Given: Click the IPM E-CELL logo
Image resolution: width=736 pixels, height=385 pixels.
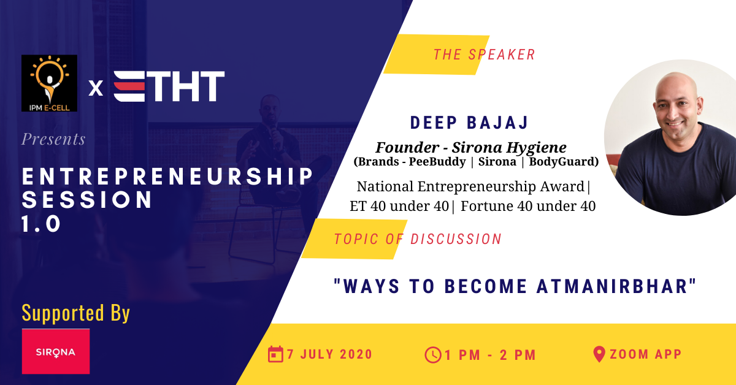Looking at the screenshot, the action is pyautogui.click(x=49, y=83).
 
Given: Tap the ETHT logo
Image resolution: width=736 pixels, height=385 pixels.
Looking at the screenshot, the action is pyautogui.click(x=169, y=86).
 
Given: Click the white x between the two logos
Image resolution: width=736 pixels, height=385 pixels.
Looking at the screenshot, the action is pyautogui.click(x=96, y=88).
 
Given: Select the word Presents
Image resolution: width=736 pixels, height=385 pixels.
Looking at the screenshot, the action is pyautogui.click(x=53, y=139).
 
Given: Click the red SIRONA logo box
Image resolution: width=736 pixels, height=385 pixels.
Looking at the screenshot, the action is pyautogui.click(x=56, y=351).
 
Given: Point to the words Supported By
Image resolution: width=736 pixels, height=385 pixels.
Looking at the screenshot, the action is pyautogui.click(x=76, y=313).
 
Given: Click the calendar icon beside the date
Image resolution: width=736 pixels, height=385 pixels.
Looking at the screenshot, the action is pyautogui.click(x=275, y=354).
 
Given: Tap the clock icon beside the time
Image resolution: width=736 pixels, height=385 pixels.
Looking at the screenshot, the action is pyautogui.click(x=433, y=355).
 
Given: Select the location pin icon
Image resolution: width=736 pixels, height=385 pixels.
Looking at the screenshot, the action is pyautogui.click(x=599, y=354).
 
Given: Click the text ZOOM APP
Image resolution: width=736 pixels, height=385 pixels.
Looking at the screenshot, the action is pyautogui.click(x=646, y=354).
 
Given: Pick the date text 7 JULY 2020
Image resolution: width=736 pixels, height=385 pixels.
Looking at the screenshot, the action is pyautogui.click(x=329, y=354).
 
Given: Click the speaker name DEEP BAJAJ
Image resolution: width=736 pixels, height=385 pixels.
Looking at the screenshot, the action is pyautogui.click(x=469, y=123).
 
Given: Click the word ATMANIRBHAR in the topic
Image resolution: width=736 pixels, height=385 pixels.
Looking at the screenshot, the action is pyautogui.click(x=613, y=286).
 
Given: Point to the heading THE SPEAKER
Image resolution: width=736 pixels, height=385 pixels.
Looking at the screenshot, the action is pyautogui.click(x=485, y=55).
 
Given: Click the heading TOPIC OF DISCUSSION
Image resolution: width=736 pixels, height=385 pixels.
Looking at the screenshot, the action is pyautogui.click(x=418, y=239).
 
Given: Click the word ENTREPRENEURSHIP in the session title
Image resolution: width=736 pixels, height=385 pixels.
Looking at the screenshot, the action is pyautogui.click(x=167, y=177).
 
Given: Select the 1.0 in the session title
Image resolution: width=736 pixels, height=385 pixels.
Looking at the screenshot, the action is pyautogui.click(x=41, y=224).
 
